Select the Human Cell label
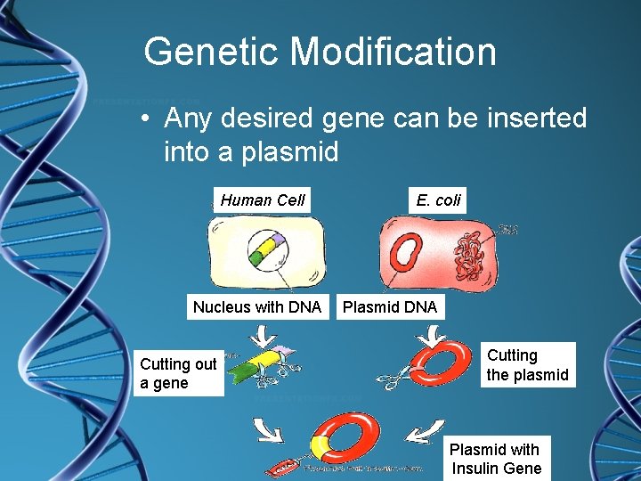263,200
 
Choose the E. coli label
438,200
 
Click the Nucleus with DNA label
257,307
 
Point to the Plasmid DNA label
390,307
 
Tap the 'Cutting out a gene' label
178,373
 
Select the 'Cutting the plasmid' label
527,365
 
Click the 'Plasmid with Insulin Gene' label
496,459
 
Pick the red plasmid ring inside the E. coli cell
404,254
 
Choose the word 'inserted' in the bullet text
532,118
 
